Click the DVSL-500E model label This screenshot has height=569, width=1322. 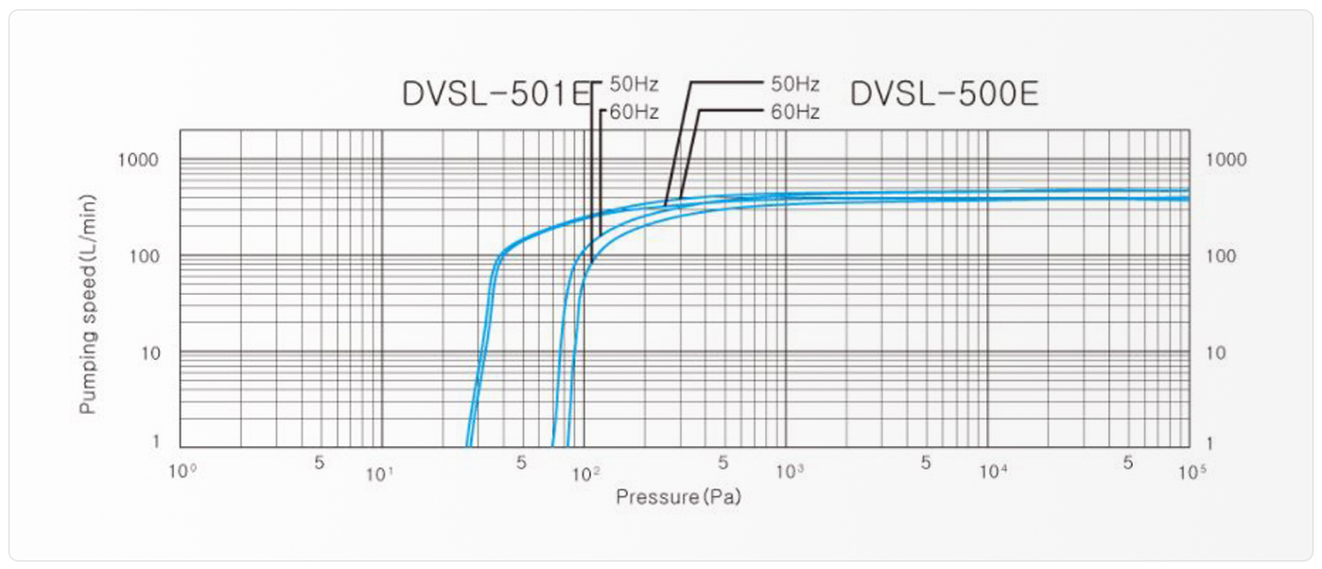click(x=944, y=94)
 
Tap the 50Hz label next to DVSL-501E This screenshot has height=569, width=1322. click(x=634, y=84)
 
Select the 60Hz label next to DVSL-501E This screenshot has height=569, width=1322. click(x=634, y=113)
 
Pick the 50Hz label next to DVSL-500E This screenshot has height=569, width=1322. click(x=794, y=84)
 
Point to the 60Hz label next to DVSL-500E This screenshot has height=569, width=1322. click(x=794, y=112)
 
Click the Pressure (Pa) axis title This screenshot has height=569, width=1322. click(x=678, y=496)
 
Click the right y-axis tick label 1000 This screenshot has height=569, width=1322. click(x=1226, y=160)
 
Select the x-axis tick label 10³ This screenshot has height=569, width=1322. click(x=788, y=471)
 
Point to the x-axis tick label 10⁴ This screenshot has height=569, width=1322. click(x=991, y=471)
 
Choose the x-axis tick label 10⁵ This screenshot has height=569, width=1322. click(x=1192, y=471)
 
